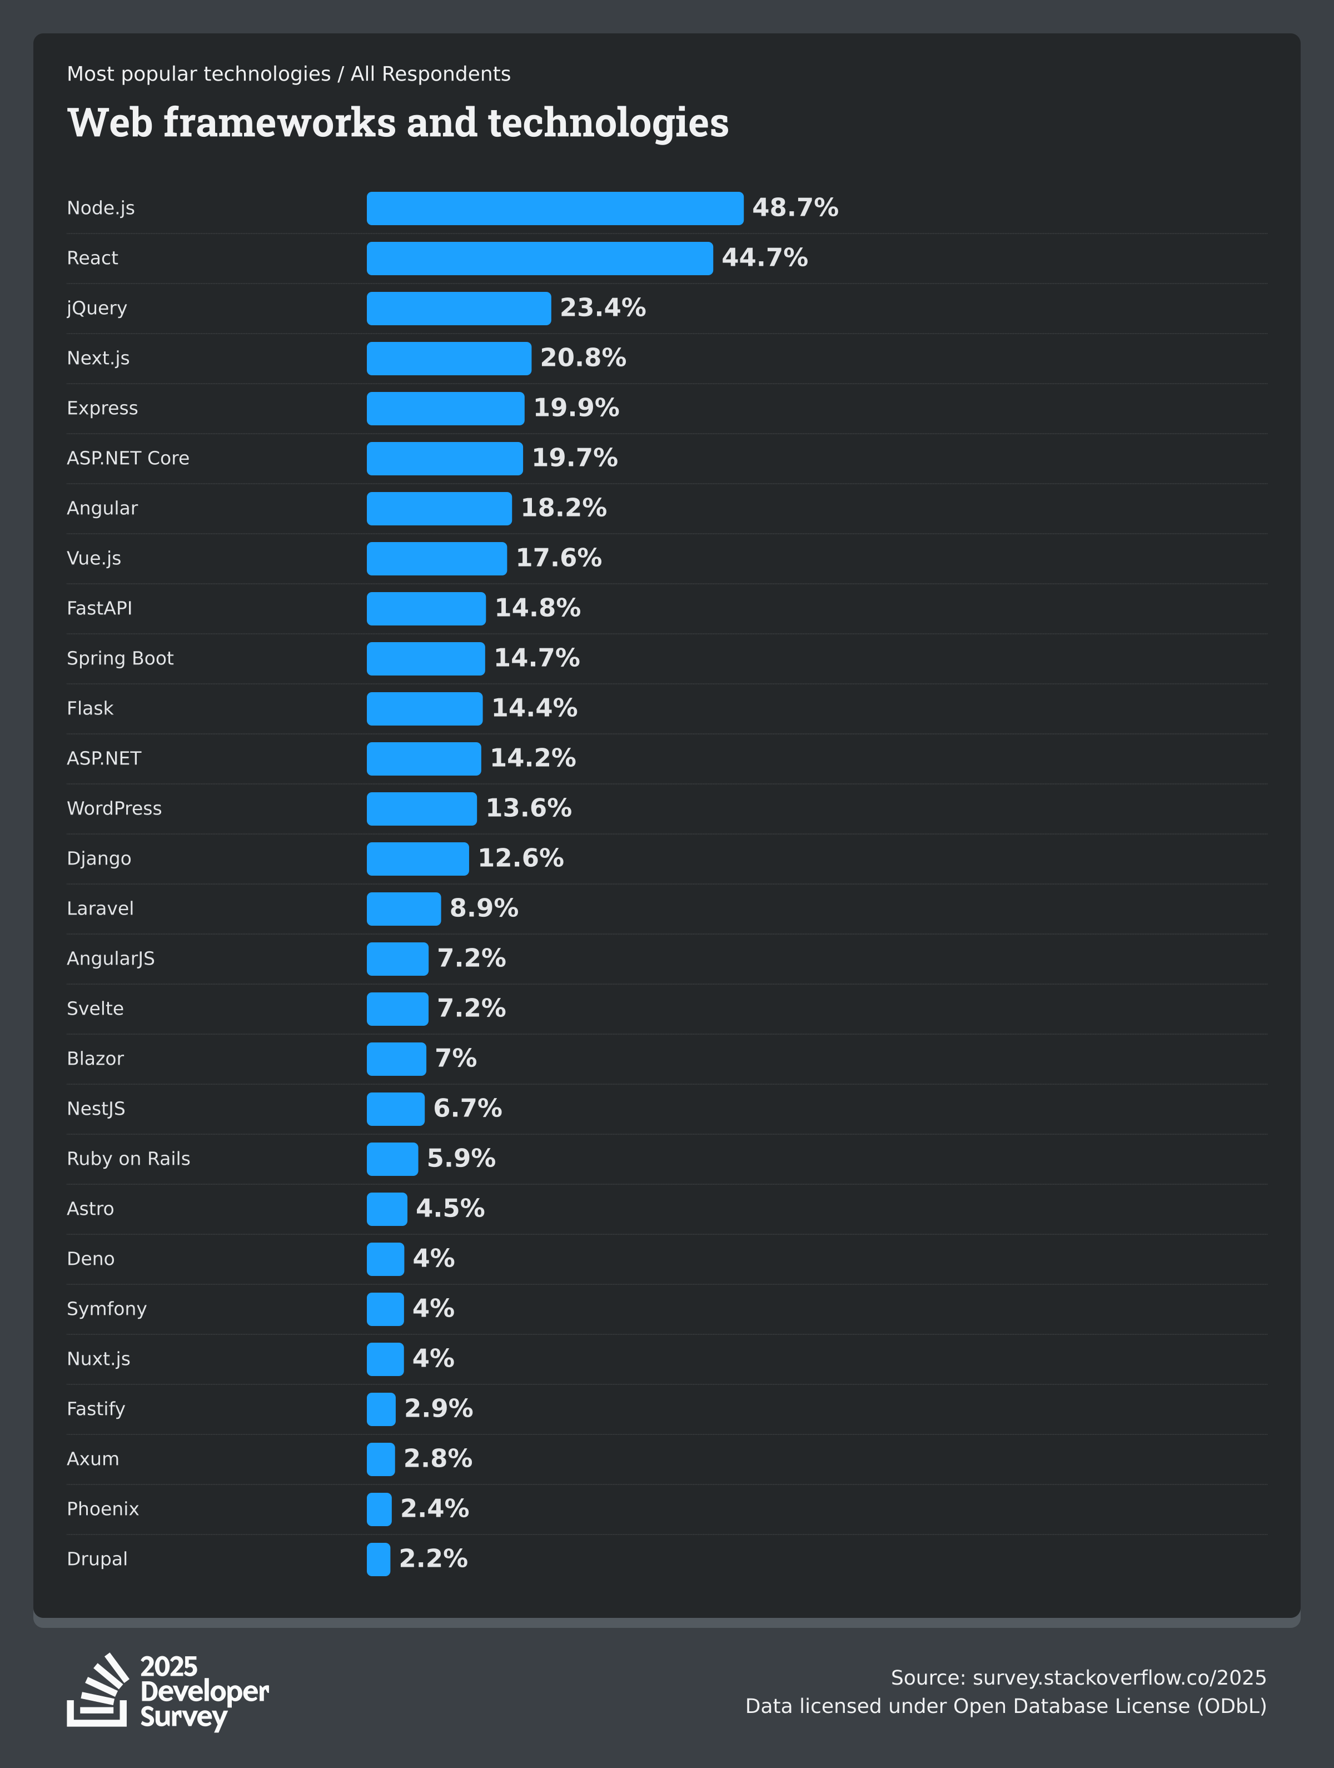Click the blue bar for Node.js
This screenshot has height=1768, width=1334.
click(555, 208)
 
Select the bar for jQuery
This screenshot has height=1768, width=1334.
click(459, 309)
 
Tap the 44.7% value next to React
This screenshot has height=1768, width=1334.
click(764, 258)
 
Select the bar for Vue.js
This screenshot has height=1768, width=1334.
click(436, 559)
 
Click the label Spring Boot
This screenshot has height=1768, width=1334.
click(120, 659)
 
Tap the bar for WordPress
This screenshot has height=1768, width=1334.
click(421, 809)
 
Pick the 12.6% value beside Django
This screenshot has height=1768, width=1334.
click(520, 858)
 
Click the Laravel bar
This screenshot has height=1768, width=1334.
click(404, 909)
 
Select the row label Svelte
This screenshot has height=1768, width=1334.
click(95, 1009)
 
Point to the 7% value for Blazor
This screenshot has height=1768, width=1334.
click(456, 1058)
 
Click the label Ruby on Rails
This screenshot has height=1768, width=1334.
click(128, 1159)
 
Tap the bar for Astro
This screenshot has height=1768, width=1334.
click(387, 1209)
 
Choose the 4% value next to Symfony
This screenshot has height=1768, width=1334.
click(433, 1308)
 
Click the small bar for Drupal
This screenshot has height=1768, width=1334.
click(378, 1560)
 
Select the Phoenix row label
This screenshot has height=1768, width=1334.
click(102, 1509)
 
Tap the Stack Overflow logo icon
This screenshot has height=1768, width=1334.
click(97, 1691)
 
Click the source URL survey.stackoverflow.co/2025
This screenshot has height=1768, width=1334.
click(1119, 1678)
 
